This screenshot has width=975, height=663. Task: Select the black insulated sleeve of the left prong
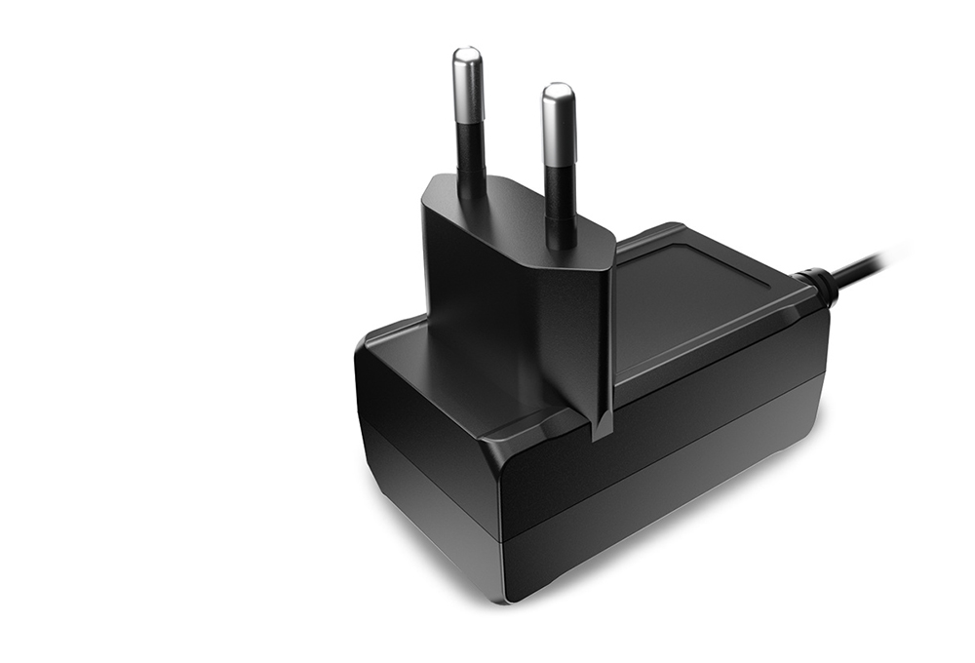pyautogui.click(x=471, y=156)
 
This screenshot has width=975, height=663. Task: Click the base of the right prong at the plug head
pyautogui.click(x=561, y=239)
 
